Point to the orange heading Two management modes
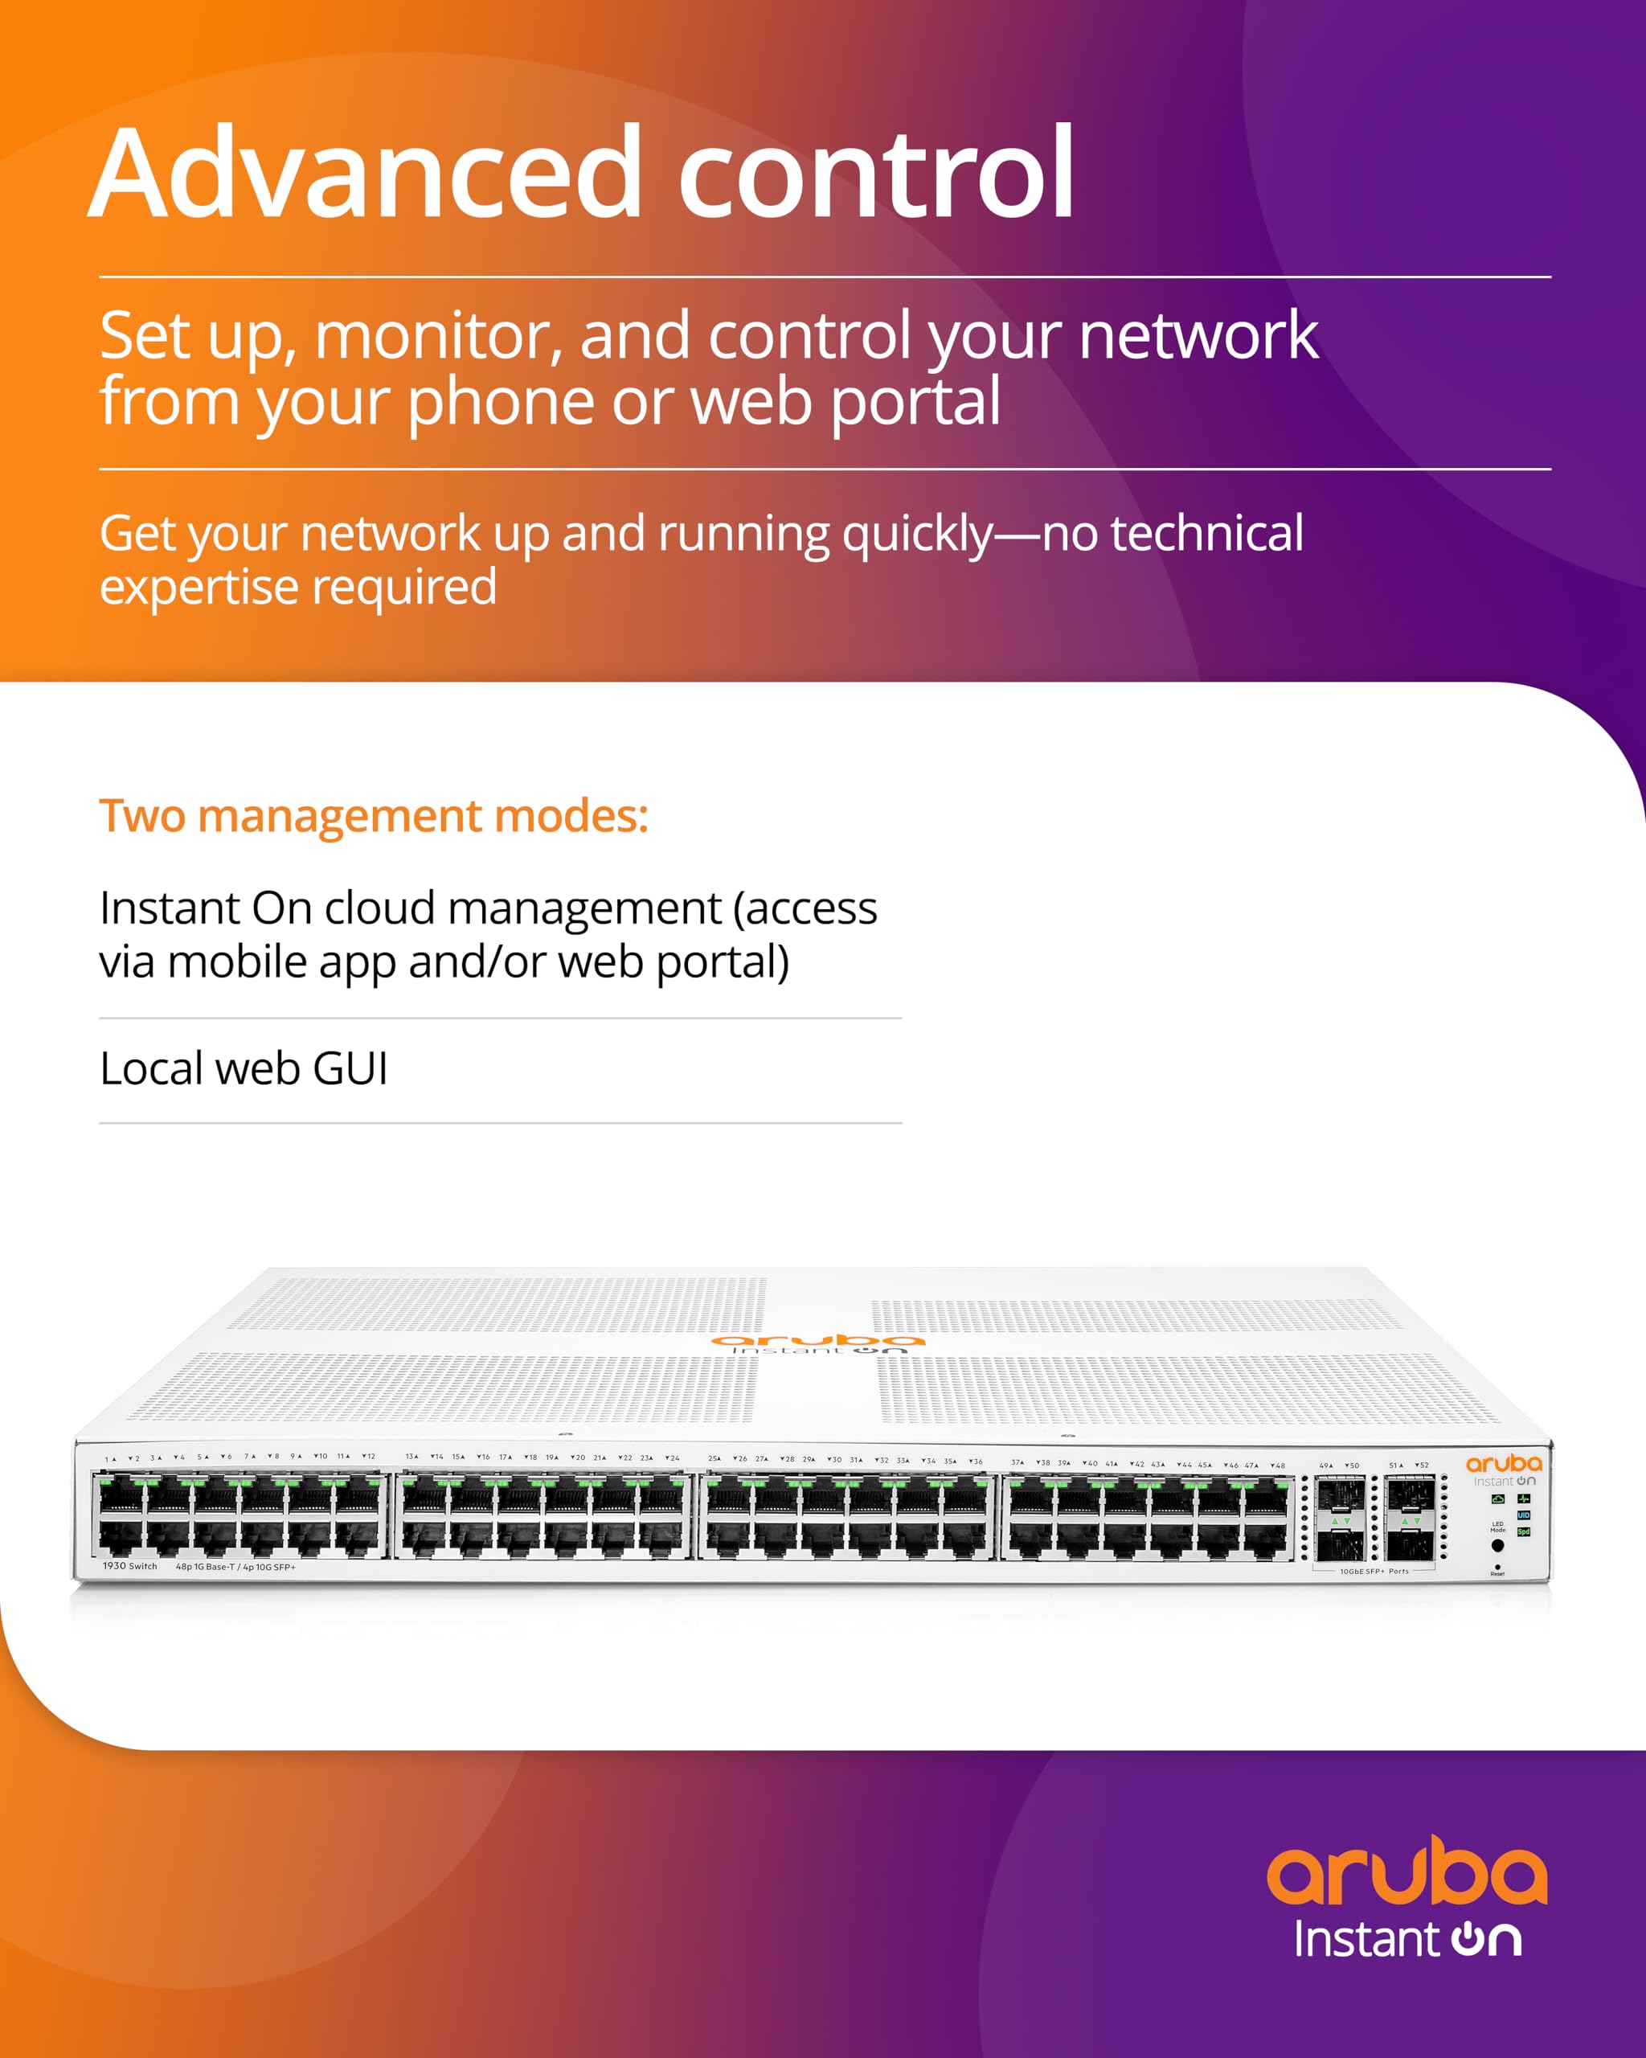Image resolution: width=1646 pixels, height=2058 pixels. pos(373,816)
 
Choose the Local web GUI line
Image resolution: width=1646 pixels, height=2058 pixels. pos(244,1068)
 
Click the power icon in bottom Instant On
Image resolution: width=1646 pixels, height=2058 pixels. pos(1468,1939)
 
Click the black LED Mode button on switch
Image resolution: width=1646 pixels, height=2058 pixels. pos(1498,1545)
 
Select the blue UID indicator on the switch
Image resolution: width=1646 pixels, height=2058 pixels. pos(1524,1515)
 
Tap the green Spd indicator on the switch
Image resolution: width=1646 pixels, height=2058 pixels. pos(1524,1532)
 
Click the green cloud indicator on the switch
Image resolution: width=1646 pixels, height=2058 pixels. pos(1498,1498)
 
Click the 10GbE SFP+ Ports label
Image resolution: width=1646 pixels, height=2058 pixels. pos(1375,1571)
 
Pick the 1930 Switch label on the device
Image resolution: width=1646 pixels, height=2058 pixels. pos(129,1566)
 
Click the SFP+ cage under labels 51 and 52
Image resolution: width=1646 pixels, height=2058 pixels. pos(1411,1518)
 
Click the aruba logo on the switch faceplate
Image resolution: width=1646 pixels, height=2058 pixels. pos(1503,1463)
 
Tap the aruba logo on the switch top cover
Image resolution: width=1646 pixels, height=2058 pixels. pos(817,1341)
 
